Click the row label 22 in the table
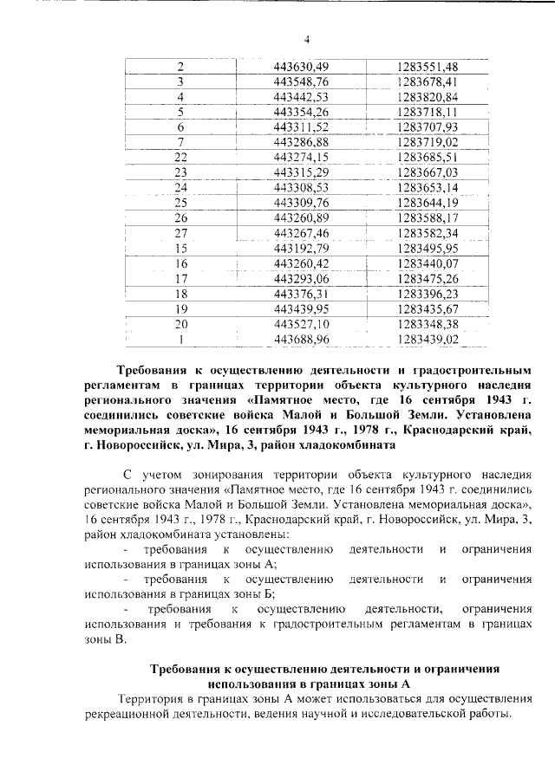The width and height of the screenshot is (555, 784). click(x=181, y=157)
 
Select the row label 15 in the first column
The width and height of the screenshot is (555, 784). click(x=181, y=248)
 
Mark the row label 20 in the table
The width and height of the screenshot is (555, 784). click(x=181, y=323)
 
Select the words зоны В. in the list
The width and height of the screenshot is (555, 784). click(x=105, y=639)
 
